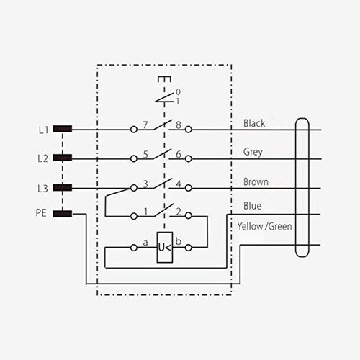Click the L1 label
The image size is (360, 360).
(x=43, y=130)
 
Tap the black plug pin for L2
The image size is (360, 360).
(x=63, y=158)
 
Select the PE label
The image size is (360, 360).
(x=41, y=213)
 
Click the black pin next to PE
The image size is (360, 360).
(x=63, y=214)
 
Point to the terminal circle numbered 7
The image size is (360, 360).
(x=134, y=130)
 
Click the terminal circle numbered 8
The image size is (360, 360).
(x=189, y=130)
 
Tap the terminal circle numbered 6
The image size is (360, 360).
(x=189, y=158)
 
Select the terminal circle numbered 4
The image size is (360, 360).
(x=189, y=188)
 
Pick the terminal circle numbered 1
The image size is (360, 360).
(x=134, y=216)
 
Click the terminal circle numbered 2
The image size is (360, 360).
(x=189, y=215)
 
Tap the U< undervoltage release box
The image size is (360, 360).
(x=165, y=247)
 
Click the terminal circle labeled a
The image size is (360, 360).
(x=134, y=248)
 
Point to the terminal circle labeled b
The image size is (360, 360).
(x=189, y=248)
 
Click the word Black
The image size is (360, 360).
(x=254, y=123)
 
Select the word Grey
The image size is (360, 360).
(x=253, y=152)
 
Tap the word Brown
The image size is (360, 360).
(x=256, y=182)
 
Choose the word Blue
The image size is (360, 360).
(x=253, y=206)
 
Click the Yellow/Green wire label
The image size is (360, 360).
(x=264, y=226)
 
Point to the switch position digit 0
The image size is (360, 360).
(x=179, y=92)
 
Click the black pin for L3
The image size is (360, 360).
(x=63, y=187)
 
